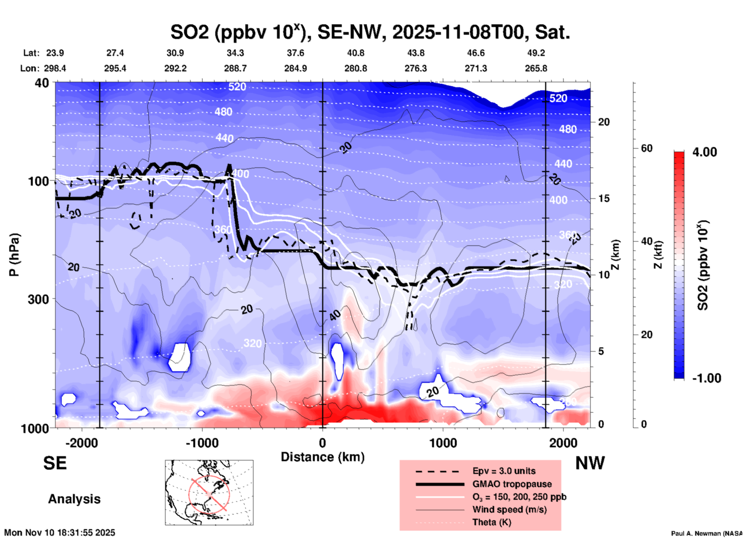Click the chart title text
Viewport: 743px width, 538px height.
pos(370,32)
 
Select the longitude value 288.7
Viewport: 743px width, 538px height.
pos(235,68)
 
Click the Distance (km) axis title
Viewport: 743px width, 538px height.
pos(323,457)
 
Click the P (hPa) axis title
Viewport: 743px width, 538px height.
pos(14,255)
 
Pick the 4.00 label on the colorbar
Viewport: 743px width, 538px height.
pos(704,152)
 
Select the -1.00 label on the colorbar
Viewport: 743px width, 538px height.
pos(706,378)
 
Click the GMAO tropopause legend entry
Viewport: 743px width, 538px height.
pos(512,484)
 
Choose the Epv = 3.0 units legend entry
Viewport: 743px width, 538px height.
pos(504,471)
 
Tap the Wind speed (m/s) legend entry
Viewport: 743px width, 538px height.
pos(509,509)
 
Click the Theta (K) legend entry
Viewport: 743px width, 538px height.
pos(491,522)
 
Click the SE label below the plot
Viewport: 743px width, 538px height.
pos(55,463)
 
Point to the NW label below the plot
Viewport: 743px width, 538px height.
pos(590,463)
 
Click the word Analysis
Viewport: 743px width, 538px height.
pos(74,499)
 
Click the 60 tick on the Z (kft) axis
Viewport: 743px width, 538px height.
pos(647,148)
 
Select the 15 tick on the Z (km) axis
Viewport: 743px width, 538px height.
pos(604,198)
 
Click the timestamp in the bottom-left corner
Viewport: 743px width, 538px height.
pos(60,533)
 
